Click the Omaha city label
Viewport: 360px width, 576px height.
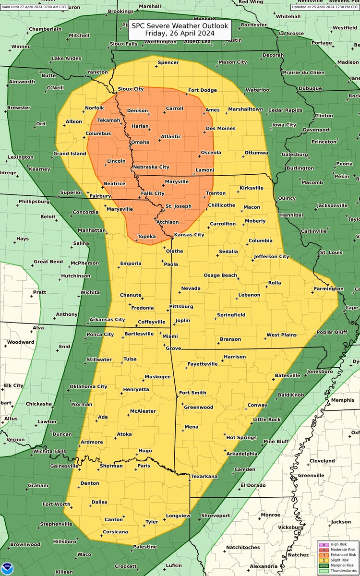tap(140, 142)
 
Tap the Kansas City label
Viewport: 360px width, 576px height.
tap(189, 235)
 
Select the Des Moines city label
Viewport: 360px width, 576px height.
tap(220, 128)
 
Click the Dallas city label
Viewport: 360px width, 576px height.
tap(99, 502)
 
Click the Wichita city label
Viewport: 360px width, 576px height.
tap(90, 292)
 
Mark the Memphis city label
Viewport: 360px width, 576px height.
tap(343, 400)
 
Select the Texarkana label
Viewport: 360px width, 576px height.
tap(204, 476)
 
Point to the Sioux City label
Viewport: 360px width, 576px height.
tap(131, 89)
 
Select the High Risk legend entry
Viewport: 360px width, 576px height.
tap(338, 544)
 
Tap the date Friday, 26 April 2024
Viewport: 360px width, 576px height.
tap(180, 34)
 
